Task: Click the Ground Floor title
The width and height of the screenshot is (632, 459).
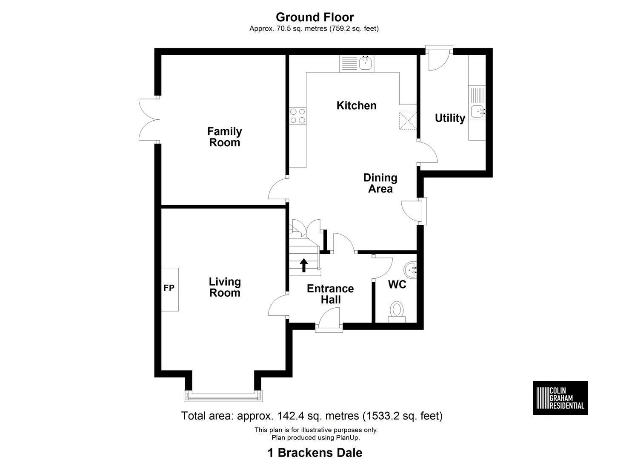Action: (x=315, y=17)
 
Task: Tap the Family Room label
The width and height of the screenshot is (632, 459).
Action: (x=225, y=137)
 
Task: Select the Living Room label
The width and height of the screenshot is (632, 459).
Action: (x=225, y=287)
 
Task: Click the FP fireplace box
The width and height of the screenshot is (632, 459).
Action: (x=169, y=289)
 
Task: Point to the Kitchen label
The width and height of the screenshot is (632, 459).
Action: (x=356, y=106)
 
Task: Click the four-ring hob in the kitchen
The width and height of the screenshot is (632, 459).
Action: (x=297, y=116)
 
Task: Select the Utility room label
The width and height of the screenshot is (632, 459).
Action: (x=450, y=118)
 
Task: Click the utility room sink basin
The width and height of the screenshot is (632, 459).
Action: (x=478, y=112)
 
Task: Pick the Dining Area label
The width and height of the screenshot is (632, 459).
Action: (x=380, y=183)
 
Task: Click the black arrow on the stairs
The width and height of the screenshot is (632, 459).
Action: (x=303, y=265)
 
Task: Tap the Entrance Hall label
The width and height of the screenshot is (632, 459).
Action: (x=330, y=294)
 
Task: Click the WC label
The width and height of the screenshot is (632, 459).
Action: (x=397, y=285)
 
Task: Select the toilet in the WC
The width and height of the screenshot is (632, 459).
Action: (x=397, y=312)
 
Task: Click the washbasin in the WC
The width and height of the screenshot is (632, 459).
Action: (x=410, y=270)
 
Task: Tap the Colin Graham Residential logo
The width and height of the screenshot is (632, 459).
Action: (x=561, y=398)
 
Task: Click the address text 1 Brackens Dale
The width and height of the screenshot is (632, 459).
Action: (x=315, y=453)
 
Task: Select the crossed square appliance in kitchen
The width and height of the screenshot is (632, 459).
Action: (x=408, y=121)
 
